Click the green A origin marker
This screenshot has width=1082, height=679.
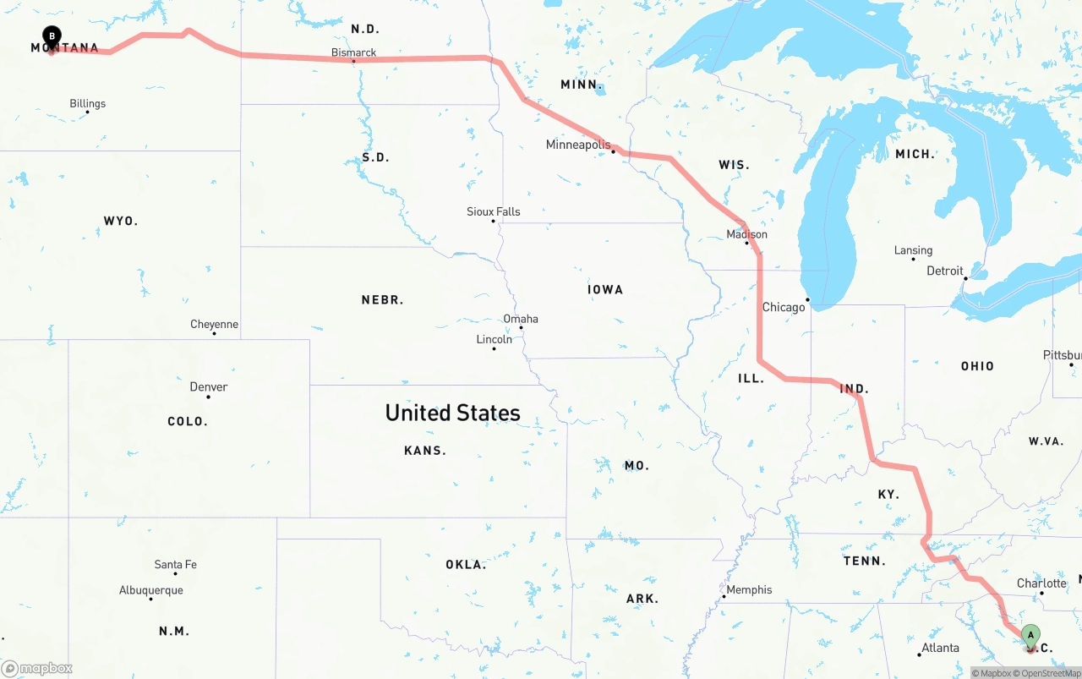[1030, 636]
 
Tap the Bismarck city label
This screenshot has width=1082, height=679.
[353, 52]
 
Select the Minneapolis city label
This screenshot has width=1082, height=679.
[577, 145]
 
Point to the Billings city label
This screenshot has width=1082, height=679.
[88, 103]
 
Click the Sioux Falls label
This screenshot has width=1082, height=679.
[493, 211]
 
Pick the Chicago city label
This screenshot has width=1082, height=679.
[783, 307]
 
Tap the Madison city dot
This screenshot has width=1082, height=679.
[746, 244]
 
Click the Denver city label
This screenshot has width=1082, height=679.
[208, 386]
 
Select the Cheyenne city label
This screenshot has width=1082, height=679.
[214, 324]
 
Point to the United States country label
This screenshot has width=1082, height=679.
[452, 413]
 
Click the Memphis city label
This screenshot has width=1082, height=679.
[749, 589]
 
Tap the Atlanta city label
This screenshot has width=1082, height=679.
[940, 648]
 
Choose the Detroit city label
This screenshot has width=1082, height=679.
[944, 271]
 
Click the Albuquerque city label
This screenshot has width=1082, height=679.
[150, 590]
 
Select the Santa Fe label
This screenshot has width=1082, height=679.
[175, 564]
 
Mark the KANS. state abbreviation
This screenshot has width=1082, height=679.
[424, 451]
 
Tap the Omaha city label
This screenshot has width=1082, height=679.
[521, 319]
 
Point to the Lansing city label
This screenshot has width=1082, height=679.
[913, 250]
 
